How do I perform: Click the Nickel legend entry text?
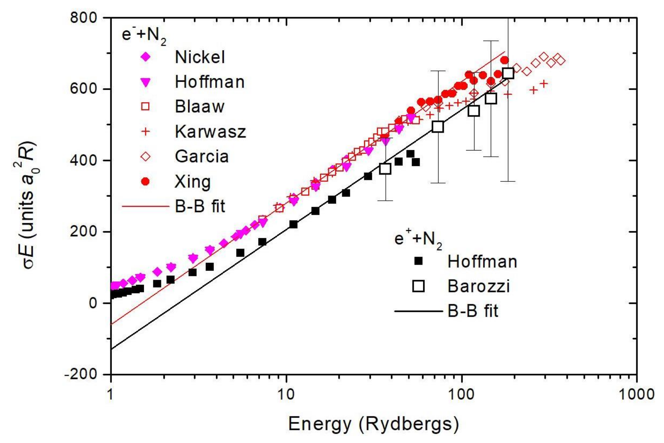click(200, 57)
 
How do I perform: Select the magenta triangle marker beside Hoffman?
click(146, 82)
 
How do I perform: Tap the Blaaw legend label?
click(199, 107)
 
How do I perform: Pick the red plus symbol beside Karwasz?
click(146, 132)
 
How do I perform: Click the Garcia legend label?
click(202, 157)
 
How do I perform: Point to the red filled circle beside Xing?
click(146, 182)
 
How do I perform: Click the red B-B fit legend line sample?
click(145, 206)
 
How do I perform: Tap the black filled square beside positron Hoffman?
click(418, 261)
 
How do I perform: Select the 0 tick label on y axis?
click(93, 303)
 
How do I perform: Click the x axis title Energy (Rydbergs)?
click(373, 424)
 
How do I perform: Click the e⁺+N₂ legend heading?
click(418, 240)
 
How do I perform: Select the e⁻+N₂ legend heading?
click(144, 36)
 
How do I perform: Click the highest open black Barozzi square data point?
click(508, 73)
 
